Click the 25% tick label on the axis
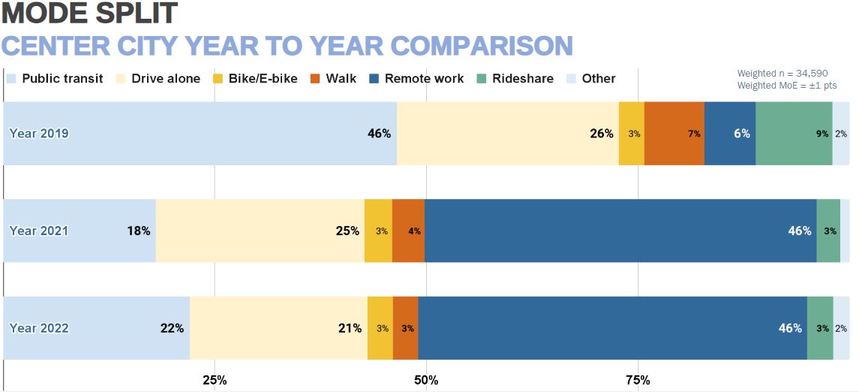pos(215,379)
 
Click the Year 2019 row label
pos(39,134)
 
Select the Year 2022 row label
pos(39,328)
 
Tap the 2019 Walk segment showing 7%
pos(674,134)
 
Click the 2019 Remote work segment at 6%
pos(729,134)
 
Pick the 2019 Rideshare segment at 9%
pos(793,134)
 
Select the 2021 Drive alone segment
pos(260,231)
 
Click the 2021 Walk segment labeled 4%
pos(408,231)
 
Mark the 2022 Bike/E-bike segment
pos(380,328)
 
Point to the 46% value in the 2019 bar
pos(379,134)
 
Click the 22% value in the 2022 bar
pos(172,328)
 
